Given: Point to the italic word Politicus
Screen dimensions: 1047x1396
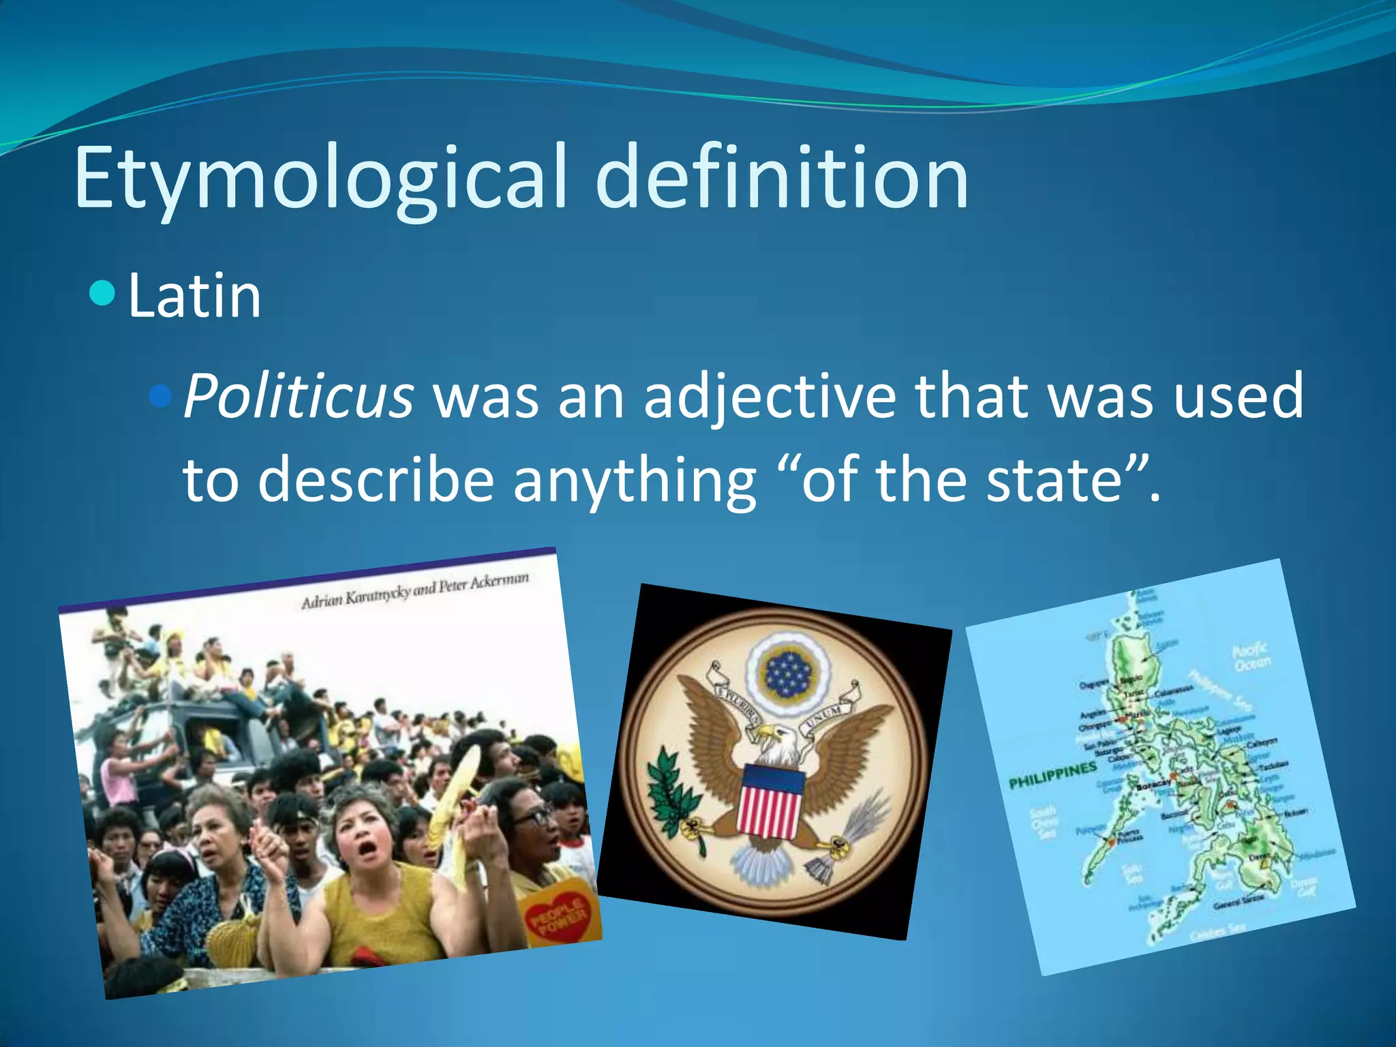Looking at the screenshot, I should pos(299,396).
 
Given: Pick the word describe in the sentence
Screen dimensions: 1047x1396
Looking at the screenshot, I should pos(376,480).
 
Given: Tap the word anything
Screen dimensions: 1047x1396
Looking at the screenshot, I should pos(635,481).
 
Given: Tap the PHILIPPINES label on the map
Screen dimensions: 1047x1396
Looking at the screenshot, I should pos(1052,775).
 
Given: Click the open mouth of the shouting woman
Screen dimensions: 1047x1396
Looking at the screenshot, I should pos(367,849).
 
